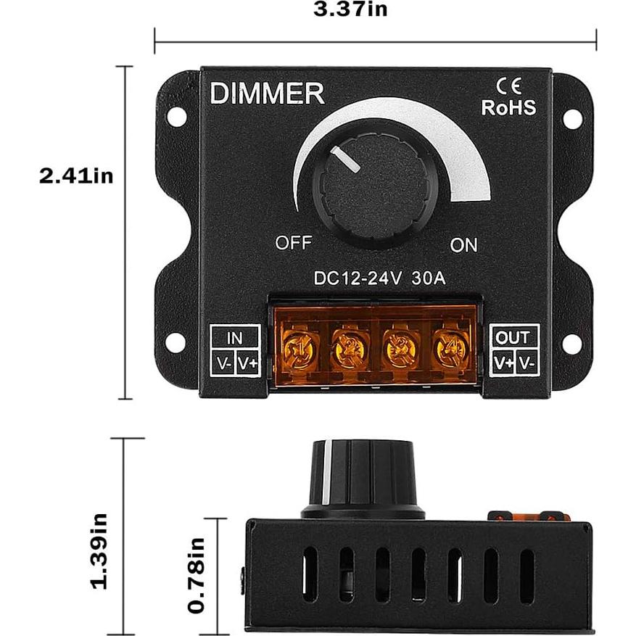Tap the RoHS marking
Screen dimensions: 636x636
(509, 108)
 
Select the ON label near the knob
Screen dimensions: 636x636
(464, 245)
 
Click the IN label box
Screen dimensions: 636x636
(235, 337)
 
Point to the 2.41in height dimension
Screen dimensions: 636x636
(77, 176)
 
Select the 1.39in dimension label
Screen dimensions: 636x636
(99, 551)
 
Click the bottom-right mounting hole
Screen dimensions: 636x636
(572, 344)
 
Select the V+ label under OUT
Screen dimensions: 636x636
(503, 362)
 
